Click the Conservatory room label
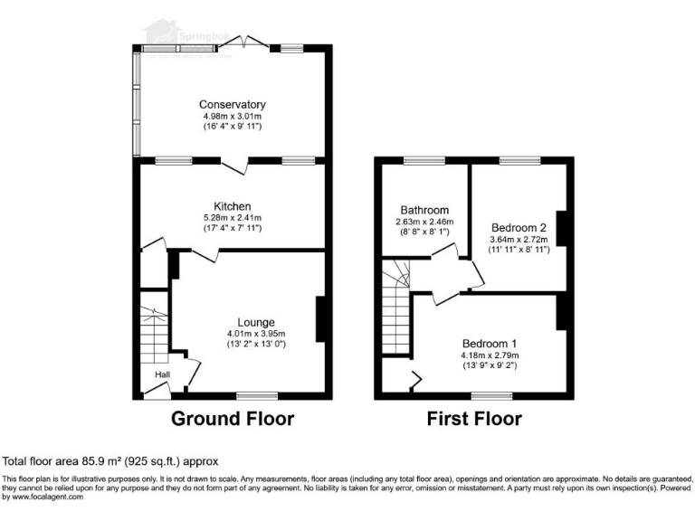[233, 104]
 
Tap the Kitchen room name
[233, 206]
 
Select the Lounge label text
[256, 322]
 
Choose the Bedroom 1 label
[490, 344]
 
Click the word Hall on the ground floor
[162, 374]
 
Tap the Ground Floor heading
[233, 419]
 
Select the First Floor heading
[474, 419]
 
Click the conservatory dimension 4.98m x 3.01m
[233, 116]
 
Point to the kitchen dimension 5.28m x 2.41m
[233, 218]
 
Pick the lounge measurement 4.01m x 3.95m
[256, 333]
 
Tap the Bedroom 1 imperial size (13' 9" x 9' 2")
[490, 365]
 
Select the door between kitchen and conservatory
[237, 166]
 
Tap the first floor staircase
[396, 308]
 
